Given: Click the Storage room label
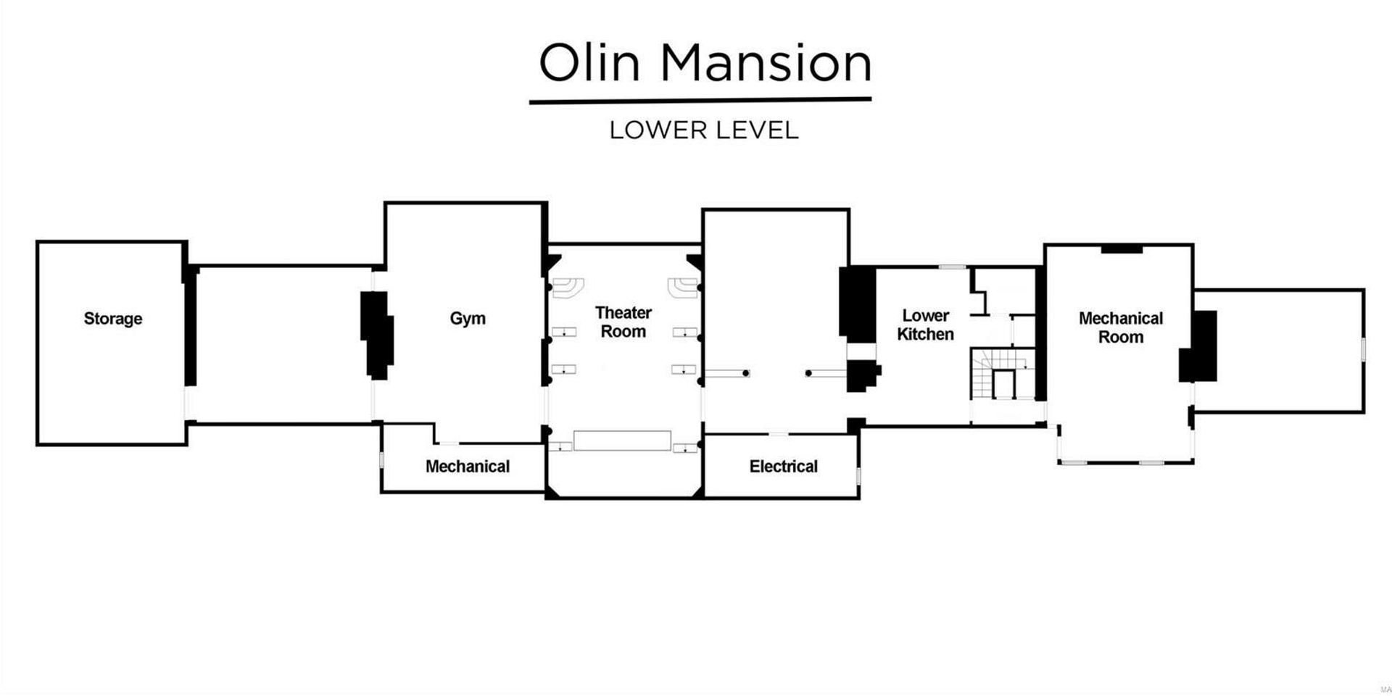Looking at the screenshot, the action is [x=112, y=319].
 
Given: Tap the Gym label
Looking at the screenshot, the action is [x=468, y=319].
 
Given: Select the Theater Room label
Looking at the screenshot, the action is [x=623, y=322].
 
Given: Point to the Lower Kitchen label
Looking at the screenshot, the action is [x=925, y=325].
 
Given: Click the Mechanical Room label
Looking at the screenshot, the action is [x=1121, y=327].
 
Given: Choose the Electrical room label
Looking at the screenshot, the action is [x=784, y=467].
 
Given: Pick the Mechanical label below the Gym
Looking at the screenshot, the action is [x=468, y=467].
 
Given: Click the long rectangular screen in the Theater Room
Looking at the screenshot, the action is [x=622, y=441].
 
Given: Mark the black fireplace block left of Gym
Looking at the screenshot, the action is [x=377, y=335].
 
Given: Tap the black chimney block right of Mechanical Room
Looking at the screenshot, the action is [x=1198, y=346].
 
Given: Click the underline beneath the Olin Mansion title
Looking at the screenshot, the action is [x=700, y=101].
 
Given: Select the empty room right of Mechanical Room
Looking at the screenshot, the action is [x=1279, y=351].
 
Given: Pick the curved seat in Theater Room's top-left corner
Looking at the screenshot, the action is [x=568, y=287].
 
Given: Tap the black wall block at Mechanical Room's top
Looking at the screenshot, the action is [x=1122, y=250].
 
